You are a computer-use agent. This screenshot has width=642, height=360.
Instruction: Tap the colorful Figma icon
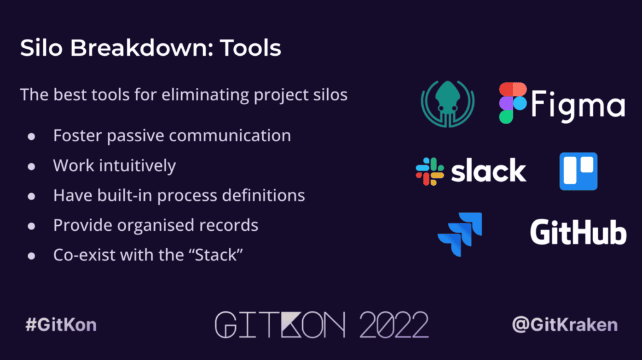[512, 102]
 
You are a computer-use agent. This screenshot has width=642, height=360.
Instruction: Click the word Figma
[578, 105]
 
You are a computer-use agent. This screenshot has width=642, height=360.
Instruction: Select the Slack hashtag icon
[430, 171]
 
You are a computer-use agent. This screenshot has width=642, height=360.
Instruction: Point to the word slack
[489, 171]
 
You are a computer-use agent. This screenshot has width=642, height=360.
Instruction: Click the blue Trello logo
[578, 171]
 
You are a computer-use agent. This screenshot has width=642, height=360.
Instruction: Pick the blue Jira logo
[460, 234]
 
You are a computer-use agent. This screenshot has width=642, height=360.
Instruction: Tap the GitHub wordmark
[578, 232]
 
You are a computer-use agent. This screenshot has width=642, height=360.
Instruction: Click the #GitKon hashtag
[60, 325]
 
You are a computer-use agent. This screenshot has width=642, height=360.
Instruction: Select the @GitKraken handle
[564, 325]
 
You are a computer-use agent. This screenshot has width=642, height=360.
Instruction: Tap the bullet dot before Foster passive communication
[31, 136]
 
